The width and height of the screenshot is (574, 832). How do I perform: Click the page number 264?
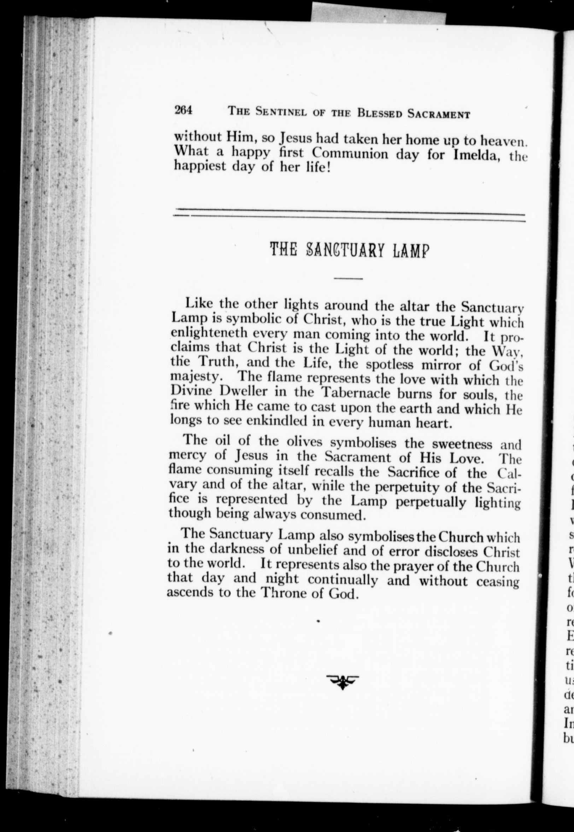(x=183, y=110)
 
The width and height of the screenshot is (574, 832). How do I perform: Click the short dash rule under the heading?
(x=348, y=278)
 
